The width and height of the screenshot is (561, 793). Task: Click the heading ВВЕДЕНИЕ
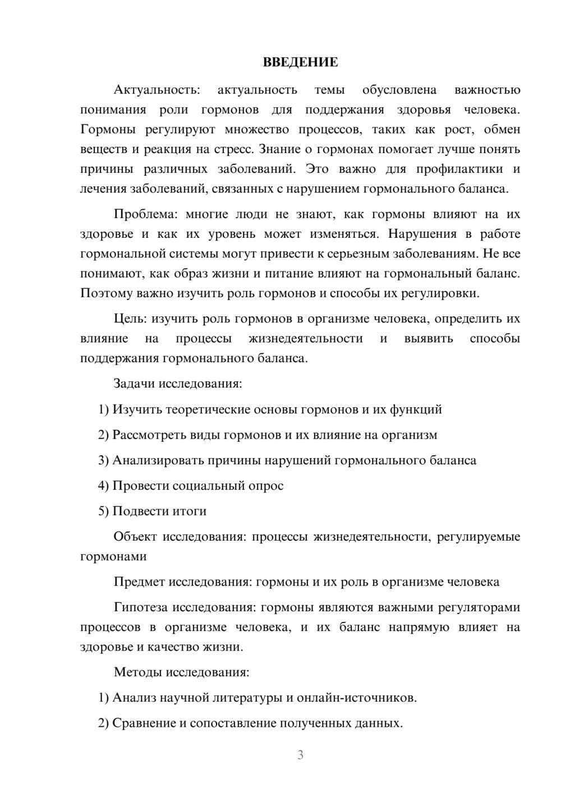pyautogui.click(x=300, y=62)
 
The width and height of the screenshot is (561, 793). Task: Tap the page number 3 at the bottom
pyautogui.click(x=300, y=755)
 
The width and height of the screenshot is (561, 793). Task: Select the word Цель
pyautogui.click(x=130, y=319)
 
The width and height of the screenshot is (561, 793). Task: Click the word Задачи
pyautogui.click(x=134, y=384)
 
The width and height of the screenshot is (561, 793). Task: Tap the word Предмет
pyautogui.click(x=139, y=582)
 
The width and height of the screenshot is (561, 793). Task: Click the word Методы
pyautogui.click(x=136, y=672)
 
